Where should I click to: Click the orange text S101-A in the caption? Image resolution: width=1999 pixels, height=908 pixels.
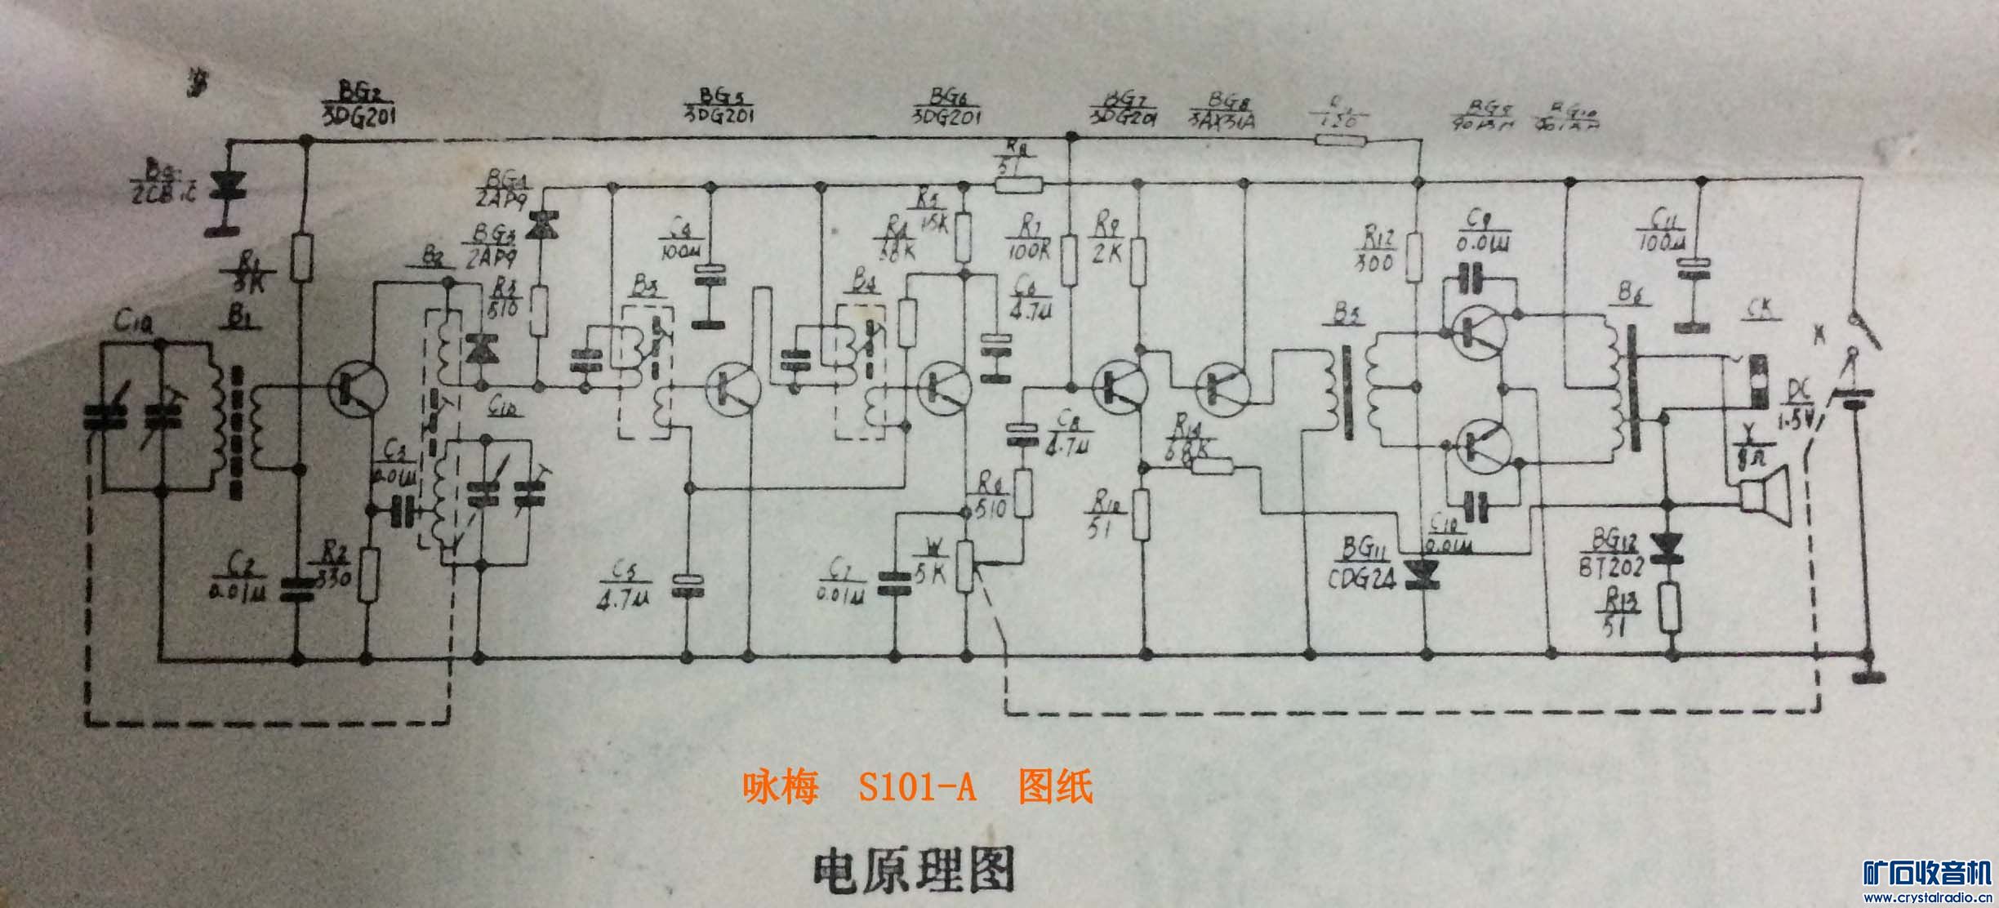coord(917,788)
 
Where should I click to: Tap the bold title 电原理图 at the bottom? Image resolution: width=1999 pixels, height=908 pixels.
coord(913,871)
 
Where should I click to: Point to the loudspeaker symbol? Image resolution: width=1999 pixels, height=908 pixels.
coord(1764,495)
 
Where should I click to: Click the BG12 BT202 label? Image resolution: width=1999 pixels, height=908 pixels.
coord(1608,551)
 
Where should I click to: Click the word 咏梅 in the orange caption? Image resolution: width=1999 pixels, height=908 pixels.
coord(780,788)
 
